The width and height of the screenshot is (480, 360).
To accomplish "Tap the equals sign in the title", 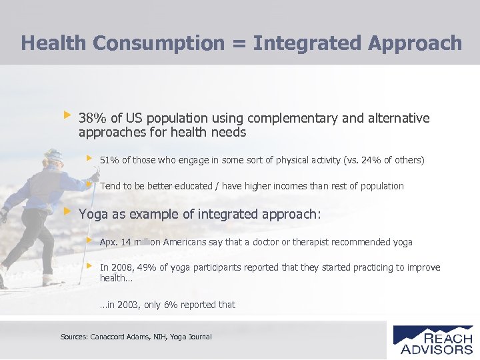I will point(239,43).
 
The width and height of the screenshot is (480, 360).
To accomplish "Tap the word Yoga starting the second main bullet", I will point(93,215).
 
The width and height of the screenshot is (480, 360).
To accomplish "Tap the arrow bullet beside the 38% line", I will point(67,115).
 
